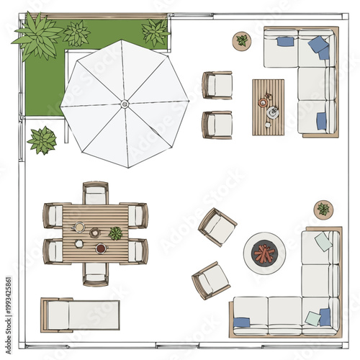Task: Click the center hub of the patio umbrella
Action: click(x=125, y=104)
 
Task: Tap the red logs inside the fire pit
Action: click(x=264, y=253)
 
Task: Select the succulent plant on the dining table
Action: click(x=115, y=233)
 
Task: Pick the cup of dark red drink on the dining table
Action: click(x=101, y=248)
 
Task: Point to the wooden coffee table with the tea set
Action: click(x=268, y=107)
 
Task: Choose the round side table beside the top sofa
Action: click(x=242, y=40)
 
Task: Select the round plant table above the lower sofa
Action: click(x=323, y=210)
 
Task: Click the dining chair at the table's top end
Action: click(x=95, y=194)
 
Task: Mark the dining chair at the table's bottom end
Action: click(x=95, y=273)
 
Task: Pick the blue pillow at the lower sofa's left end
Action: click(x=242, y=322)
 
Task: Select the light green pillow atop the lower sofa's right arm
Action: click(x=324, y=241)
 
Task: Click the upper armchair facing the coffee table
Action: click(x=218, y=85)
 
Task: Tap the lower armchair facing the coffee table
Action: click(x=218, y=125)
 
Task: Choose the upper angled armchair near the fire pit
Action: click(x=218, y=227)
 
